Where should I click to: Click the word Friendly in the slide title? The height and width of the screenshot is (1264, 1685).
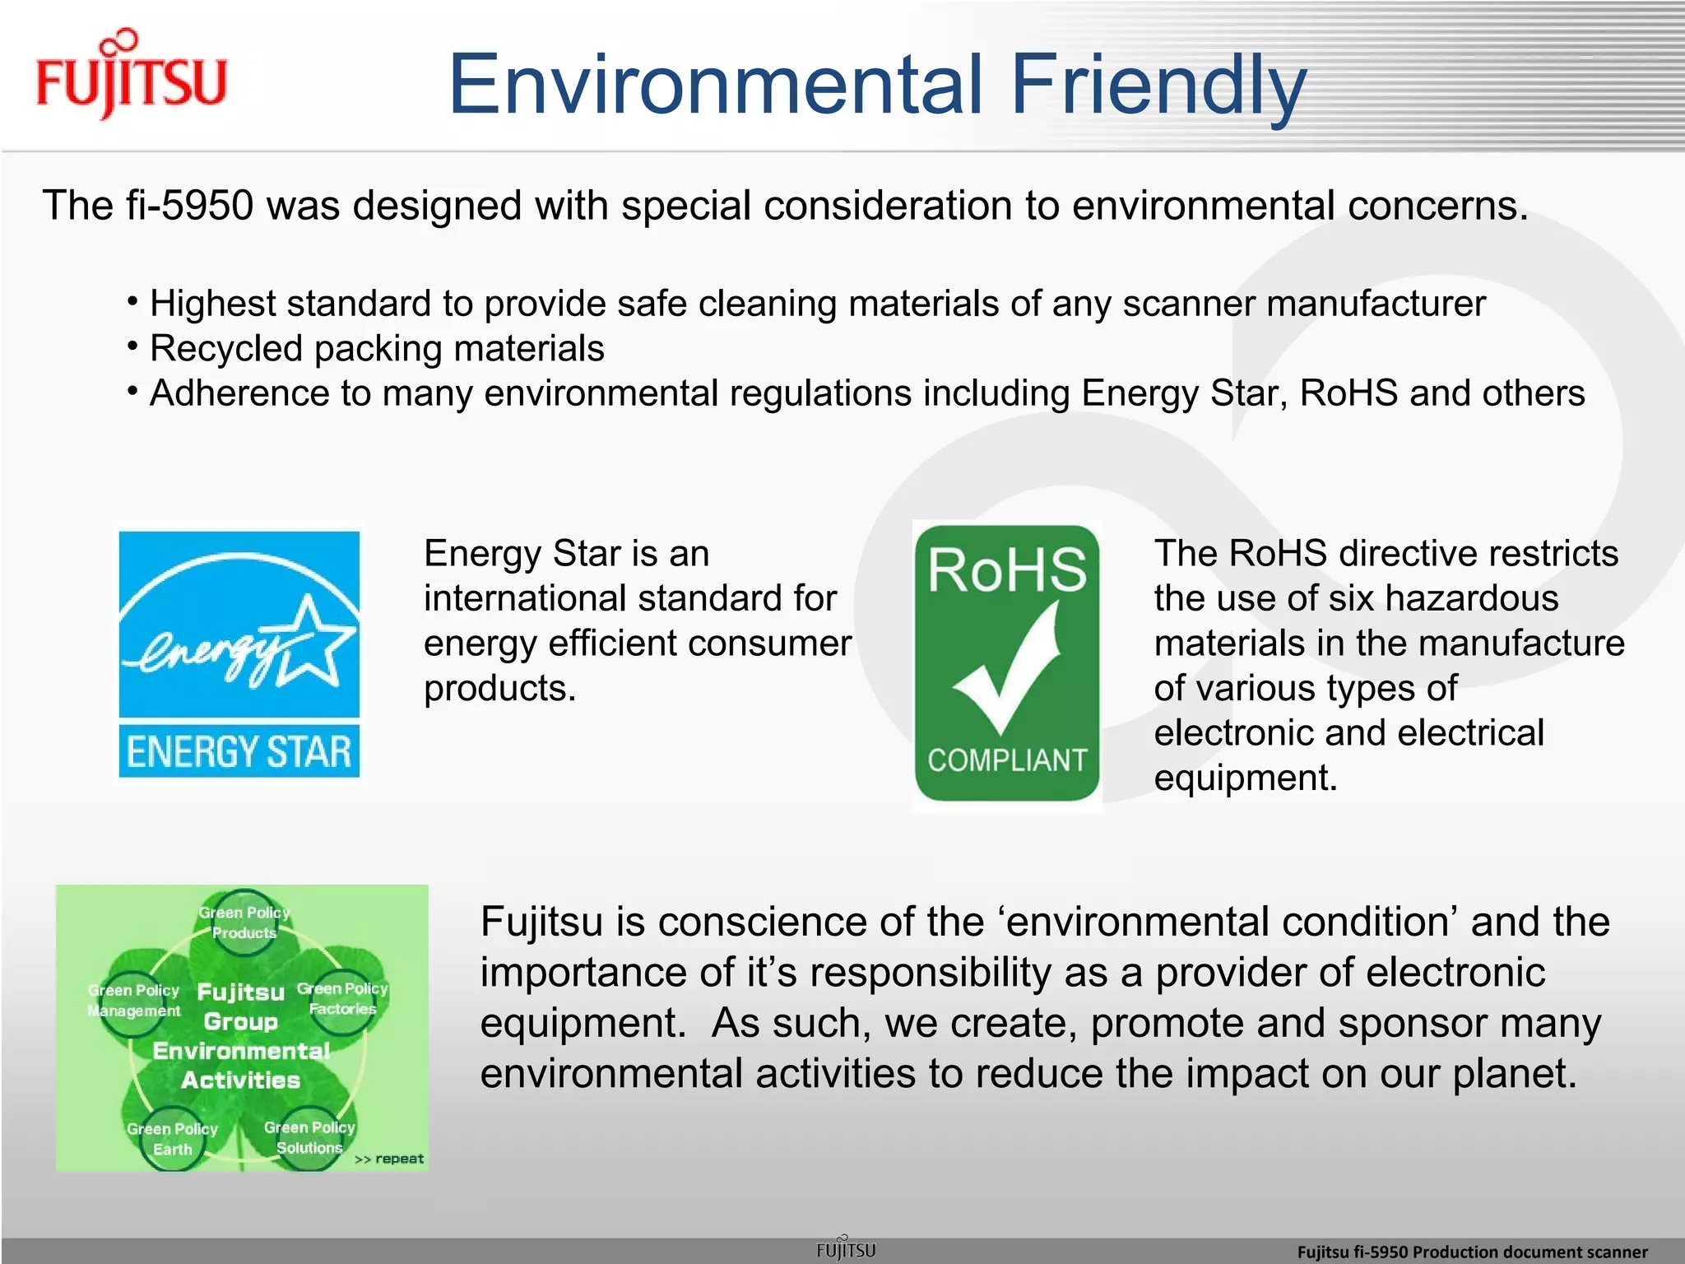tap(1158, 84)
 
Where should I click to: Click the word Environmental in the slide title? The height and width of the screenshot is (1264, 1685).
tap(716, 84)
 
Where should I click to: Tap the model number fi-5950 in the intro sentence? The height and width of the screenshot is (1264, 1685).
tap(189, 205)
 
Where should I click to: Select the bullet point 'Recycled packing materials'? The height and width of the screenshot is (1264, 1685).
tap(377, 348)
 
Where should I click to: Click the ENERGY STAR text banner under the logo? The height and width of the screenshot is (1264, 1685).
tap(239, 750)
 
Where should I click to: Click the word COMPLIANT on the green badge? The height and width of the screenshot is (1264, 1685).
tap(1007, 760)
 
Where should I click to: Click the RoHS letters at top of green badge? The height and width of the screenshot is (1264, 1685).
tap(1007, 569)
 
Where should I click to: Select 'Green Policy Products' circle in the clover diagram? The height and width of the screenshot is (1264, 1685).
tap(244, 922)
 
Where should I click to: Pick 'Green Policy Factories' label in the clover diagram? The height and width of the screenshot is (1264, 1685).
tap(342, 998)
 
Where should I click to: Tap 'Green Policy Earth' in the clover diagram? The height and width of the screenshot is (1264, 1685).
tap(172, 1139)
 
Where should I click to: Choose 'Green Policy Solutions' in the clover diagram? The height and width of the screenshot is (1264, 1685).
tap(309, 1137)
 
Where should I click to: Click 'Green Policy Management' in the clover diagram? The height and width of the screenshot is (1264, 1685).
tap(133, 1000)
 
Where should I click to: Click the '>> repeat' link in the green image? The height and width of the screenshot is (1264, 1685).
tap(389, 1159)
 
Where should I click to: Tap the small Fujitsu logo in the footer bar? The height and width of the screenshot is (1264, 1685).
tap(845, 1248)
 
